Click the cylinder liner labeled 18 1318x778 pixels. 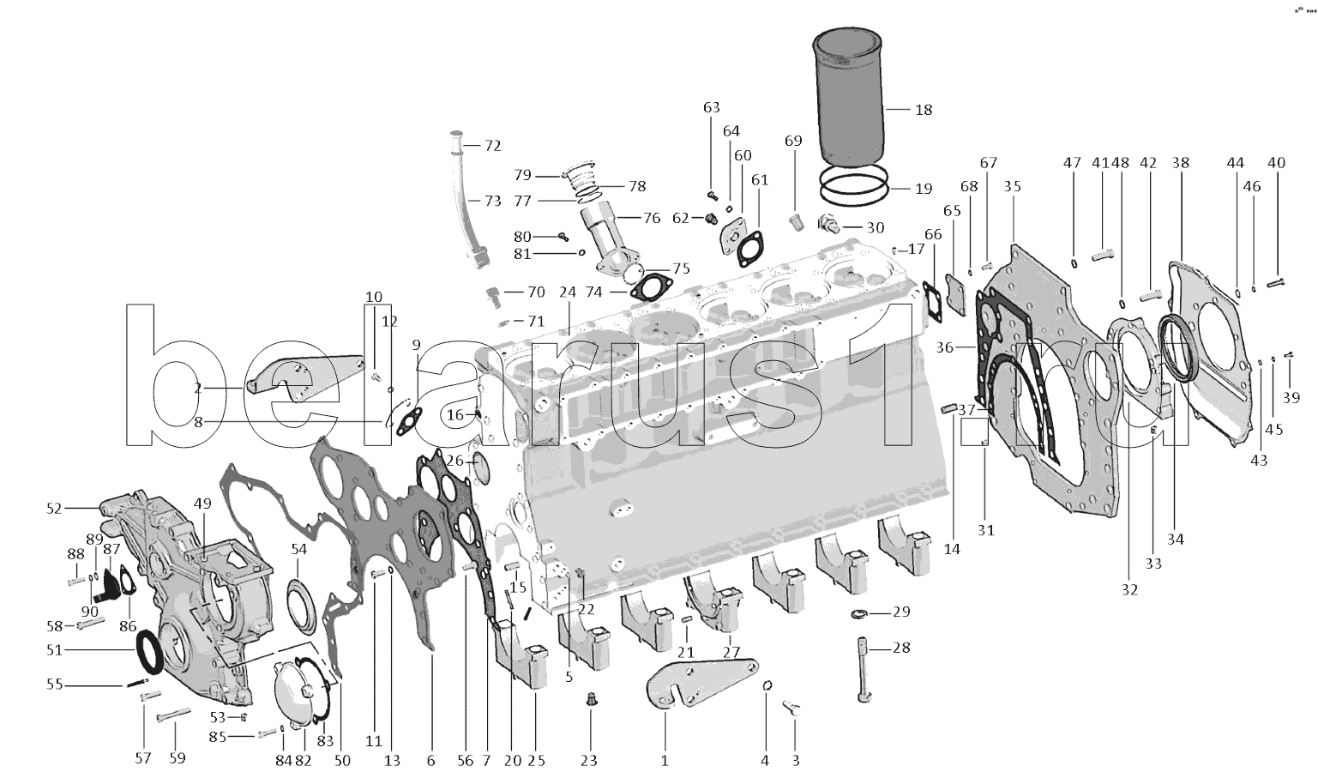848,97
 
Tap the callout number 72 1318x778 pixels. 492,145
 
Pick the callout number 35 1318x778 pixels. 1012,186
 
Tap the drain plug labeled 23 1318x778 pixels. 590,700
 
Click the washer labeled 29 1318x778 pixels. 859,614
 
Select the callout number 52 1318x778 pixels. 54,508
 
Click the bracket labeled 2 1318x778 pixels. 303,377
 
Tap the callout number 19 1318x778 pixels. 924,189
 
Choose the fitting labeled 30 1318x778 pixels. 828,224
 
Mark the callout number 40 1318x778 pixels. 1276,162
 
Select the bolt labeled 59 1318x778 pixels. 174,715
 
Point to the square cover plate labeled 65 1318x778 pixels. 955,294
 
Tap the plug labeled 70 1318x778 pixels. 494,297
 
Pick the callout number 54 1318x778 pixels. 299,549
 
